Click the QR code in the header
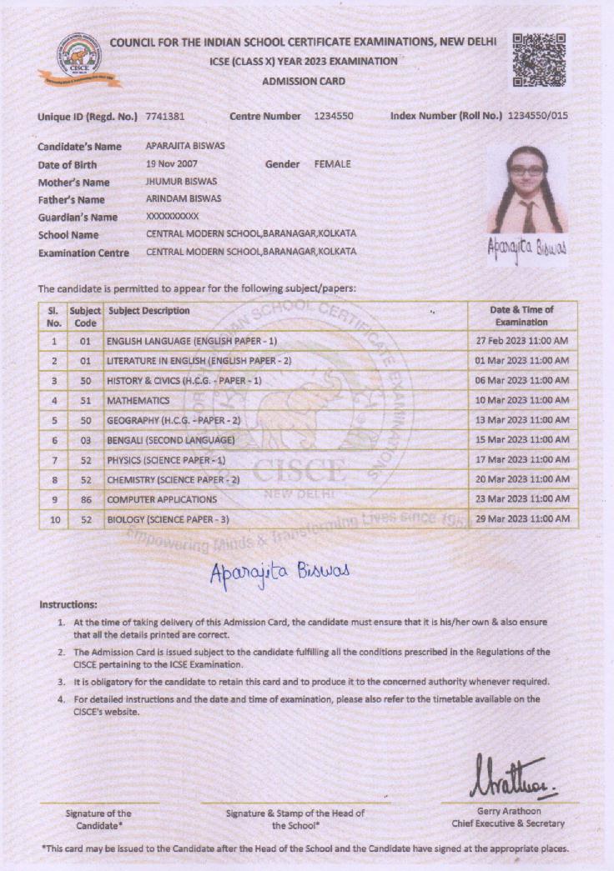click(539, 60)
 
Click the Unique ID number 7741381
click(165, 117)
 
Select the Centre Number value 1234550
click(334, 117)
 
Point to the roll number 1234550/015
click(537, 117)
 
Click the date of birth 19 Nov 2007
click(172, 164)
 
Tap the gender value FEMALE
click(332, 164)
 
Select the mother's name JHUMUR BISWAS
click(181, 182)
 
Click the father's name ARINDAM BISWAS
click(184, 199)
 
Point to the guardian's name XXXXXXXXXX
click(172, 217)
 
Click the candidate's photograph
click(527, 190)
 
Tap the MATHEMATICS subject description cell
click(138, 401)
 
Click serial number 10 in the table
click(54, 519)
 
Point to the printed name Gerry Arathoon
click(508, 811)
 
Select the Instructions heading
click(68, 604)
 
